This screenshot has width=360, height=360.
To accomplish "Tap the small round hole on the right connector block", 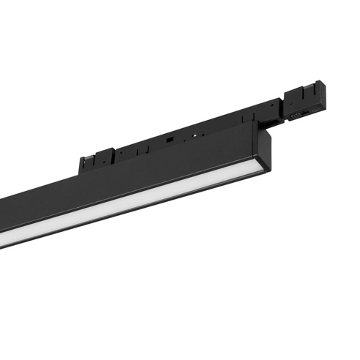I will point(307,106).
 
